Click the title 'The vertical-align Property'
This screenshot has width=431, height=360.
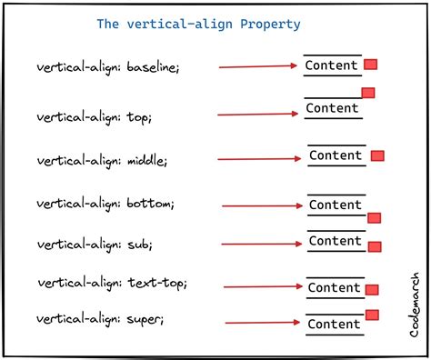[199, 24]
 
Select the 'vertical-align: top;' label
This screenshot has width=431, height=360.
[95, 116]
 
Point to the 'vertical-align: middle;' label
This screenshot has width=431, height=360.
[102, 160]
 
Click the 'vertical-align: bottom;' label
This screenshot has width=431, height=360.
[105, 204]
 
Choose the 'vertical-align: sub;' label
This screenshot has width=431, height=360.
[94, 244]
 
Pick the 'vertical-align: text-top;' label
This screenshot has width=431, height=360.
[111, 284]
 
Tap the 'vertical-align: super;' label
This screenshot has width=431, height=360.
[100, 320]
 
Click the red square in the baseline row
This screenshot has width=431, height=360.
[371, 65]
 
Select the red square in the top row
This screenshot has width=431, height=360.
[368, 93]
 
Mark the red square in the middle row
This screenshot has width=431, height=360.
[377, 156]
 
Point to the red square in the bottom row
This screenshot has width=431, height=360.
[374, 218]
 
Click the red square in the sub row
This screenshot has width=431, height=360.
[374, 246]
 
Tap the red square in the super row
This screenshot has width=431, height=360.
[371, 315]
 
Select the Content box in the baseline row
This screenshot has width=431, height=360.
[332, 65]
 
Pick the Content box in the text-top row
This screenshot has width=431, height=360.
[334, 287]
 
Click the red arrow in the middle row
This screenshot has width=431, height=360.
[259, 159]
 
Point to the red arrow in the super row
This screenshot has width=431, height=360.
[263, 322]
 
